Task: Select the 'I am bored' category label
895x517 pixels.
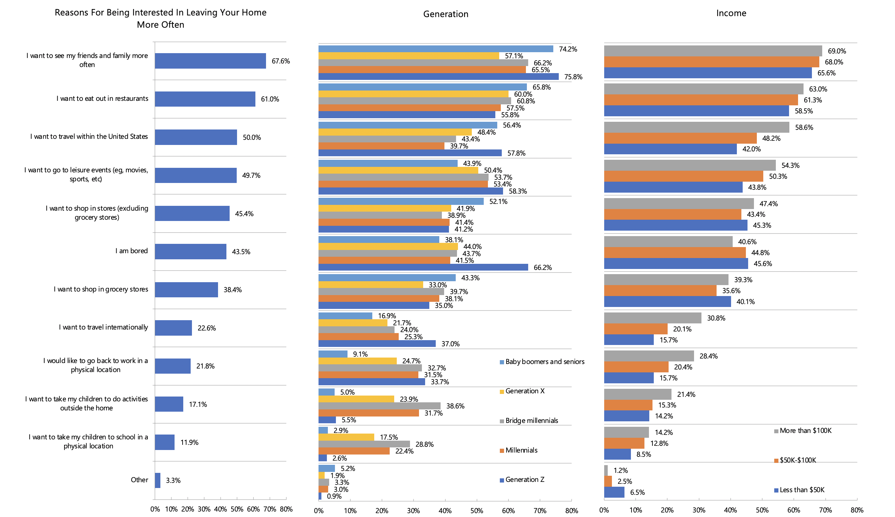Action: [131, 251]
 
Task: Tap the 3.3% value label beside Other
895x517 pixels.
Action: [173, 480]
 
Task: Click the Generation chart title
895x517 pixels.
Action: [445, 14]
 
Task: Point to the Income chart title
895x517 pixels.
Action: [731, 13]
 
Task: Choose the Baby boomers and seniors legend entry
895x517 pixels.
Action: [544, 362]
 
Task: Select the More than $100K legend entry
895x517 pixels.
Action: [805, 431]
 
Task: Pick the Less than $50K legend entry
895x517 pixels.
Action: [802, 490]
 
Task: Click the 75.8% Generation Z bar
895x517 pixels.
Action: [438, 77]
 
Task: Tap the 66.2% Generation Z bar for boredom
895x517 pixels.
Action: [423, 267]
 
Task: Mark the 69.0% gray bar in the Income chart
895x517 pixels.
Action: [712, 51]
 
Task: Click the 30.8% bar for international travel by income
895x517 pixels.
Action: [652, 318]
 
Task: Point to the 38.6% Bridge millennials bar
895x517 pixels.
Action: [379, 406]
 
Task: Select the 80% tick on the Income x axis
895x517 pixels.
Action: [857, 510]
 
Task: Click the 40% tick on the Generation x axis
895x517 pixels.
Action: [445, 511]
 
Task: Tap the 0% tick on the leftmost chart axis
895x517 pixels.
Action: [155, 509]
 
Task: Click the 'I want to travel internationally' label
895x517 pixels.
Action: [103, 327]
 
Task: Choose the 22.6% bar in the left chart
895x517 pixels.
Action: [173, 328]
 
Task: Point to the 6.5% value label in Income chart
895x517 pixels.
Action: [637, 493]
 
